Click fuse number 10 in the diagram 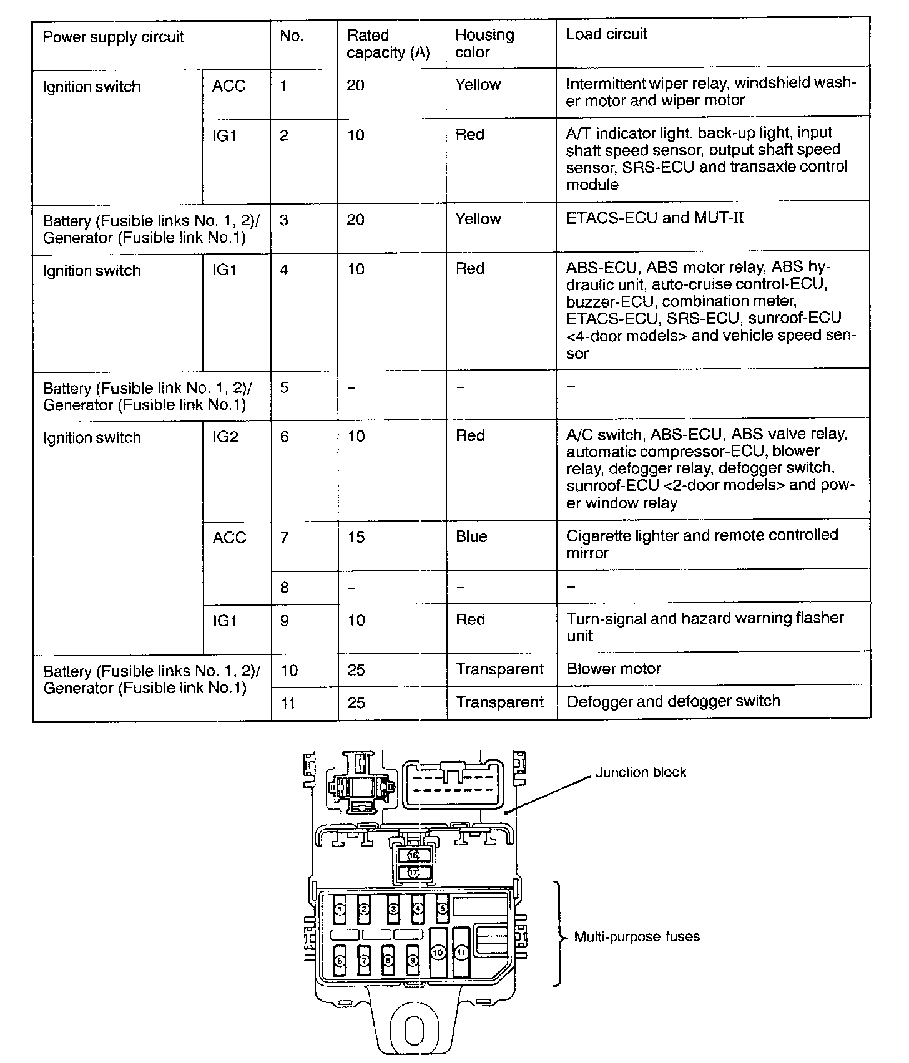coord(438,953)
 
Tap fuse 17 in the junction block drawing coord(413,873)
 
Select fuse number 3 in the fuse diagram coord(393,910)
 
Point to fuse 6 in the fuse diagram coord(340,961)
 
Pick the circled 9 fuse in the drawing coord(412,961)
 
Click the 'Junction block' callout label coord(640,772)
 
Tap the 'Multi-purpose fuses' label coord(637,937)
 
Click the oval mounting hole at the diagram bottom coord(415,1031)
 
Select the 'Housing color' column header coord(484,43)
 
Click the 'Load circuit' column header coord(606,34)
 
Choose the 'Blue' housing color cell coord(471,537)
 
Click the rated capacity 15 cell coord(356,537)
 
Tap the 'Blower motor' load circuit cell coord(614,669)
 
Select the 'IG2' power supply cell coord(225,437)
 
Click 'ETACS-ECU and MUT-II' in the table coord(654,218)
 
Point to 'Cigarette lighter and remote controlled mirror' coord(702,543)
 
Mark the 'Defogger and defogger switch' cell coord(673,701)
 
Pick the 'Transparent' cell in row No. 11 coord(499,702)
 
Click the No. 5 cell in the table coord(284,387)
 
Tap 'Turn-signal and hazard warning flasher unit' coord(705,626)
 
